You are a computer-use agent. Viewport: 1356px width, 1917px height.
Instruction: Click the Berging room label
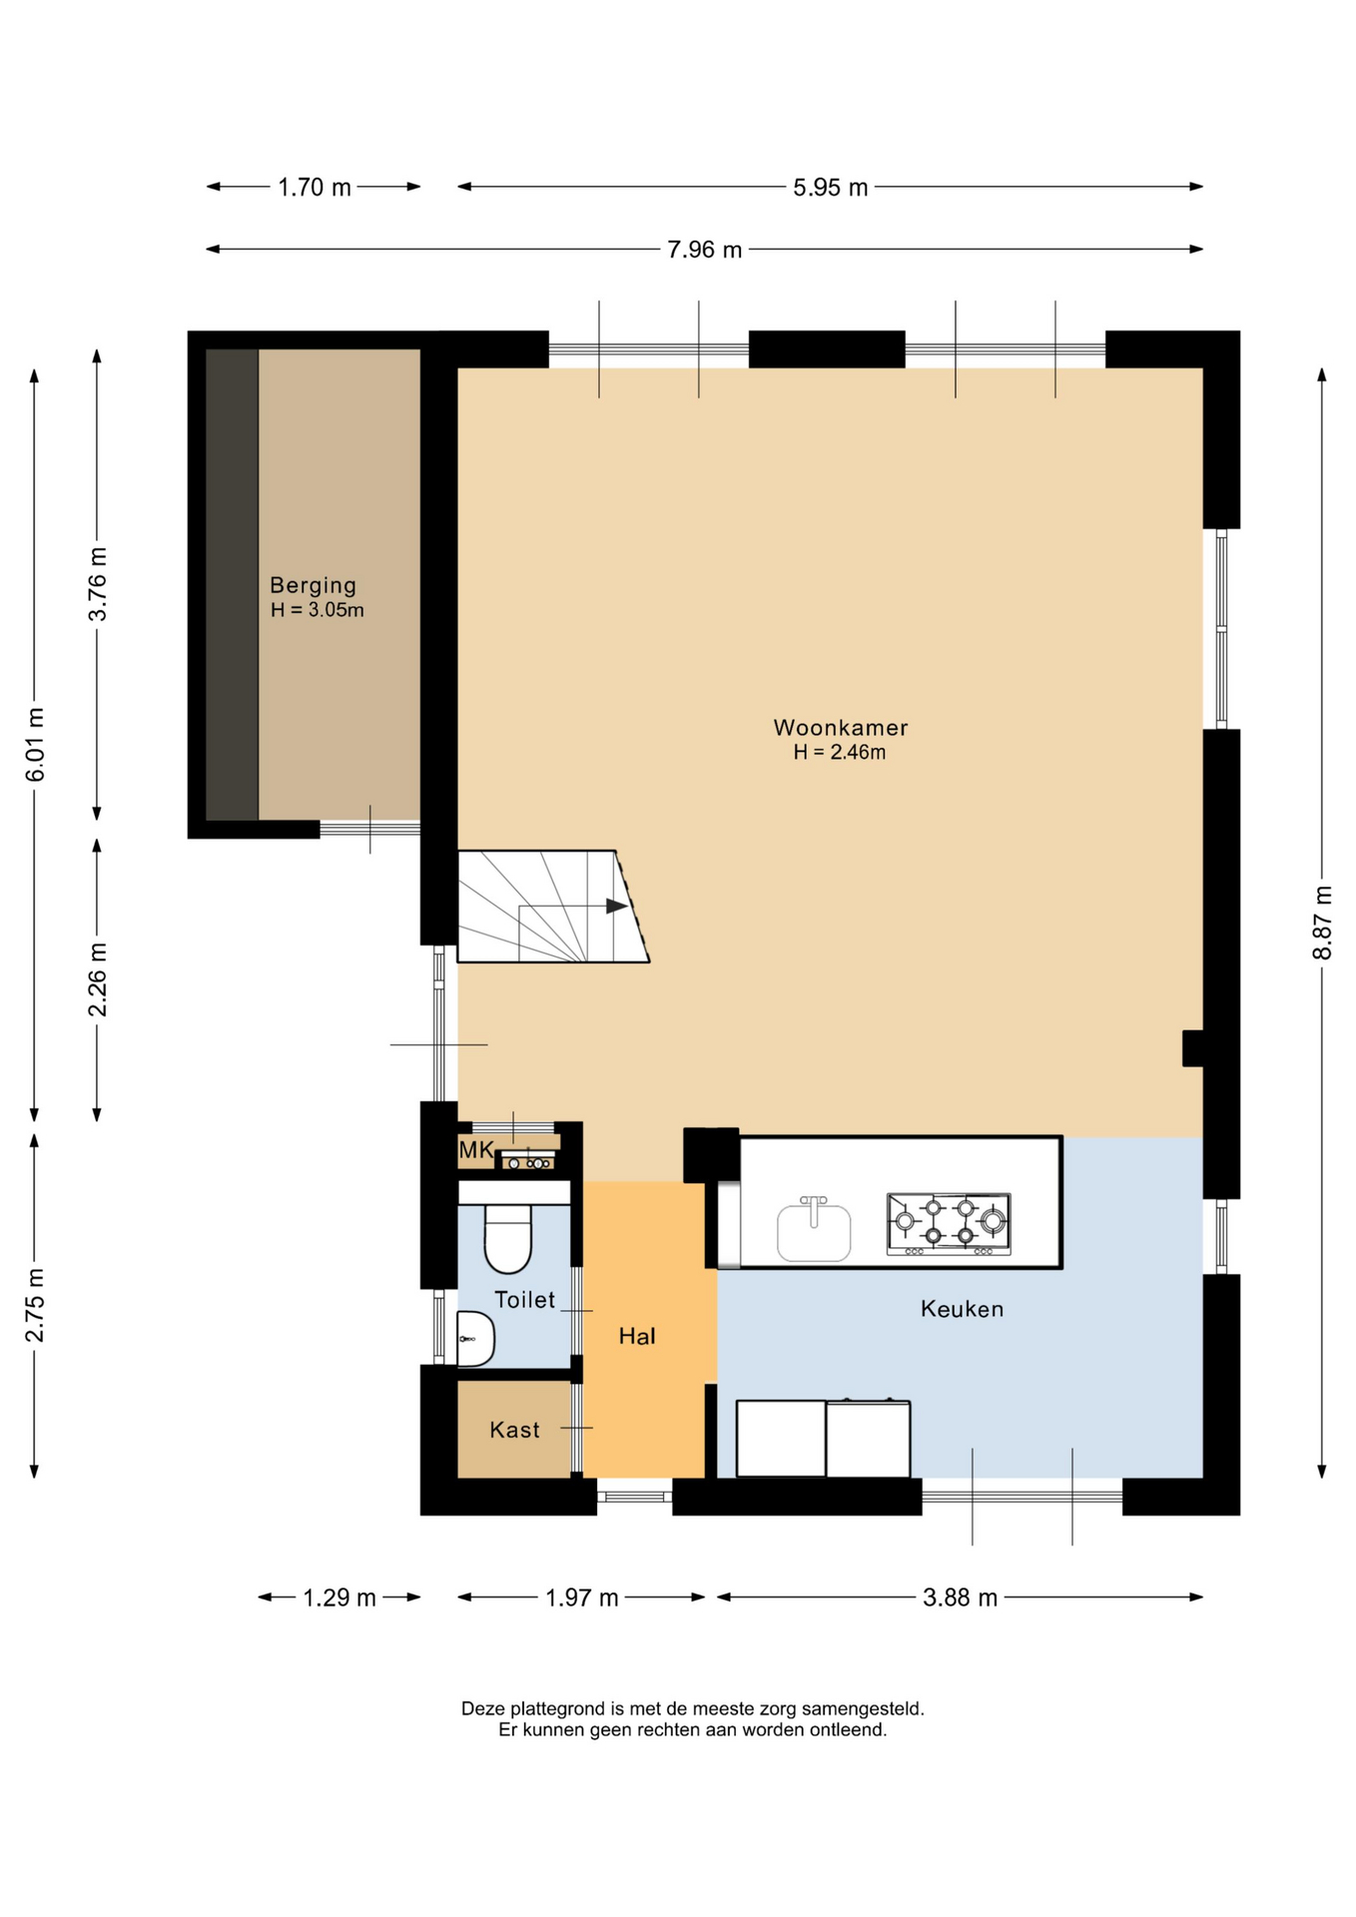coord(313,586)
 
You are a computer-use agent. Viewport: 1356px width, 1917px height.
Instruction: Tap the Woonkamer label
coord(841,728)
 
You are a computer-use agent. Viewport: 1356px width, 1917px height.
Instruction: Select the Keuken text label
coord(962,1309)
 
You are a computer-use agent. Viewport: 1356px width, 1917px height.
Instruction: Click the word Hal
coord(637,1336)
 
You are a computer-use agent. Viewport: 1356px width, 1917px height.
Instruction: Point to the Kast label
coord(514,1430)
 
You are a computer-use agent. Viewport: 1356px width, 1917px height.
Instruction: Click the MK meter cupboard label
coord(476,1150)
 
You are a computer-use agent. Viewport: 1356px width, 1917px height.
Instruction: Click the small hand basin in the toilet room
coord(475,1338)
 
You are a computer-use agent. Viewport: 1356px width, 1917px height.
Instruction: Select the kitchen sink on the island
coord(814,1231)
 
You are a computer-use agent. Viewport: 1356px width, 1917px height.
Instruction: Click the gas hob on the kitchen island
coord(949,1223)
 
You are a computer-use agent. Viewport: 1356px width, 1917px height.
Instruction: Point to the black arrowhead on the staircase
coord(616,907)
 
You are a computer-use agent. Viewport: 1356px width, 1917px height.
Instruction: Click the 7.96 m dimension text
coord(705,250)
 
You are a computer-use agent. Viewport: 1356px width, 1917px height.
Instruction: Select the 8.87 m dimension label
coord(1322,923)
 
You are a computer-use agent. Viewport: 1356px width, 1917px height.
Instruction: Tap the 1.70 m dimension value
coord(315,188)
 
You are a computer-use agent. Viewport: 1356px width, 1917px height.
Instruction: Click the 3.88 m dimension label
coord(961,1597)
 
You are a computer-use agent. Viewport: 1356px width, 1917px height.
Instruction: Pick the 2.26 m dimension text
coord(97,979)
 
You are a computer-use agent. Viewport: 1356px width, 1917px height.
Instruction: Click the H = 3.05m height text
coord(318,610)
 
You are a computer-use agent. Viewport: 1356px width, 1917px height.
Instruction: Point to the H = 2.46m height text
coord(840,753)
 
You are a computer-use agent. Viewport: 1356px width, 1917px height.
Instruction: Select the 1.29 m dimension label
coord(339,1597)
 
